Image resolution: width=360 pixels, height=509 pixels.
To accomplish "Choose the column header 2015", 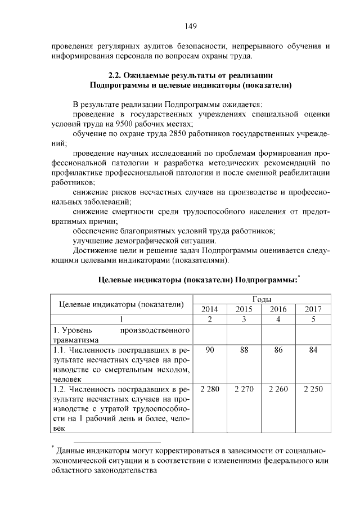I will [x=244, y=309].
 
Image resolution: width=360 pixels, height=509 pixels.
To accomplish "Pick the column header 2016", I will [x=278, y=309].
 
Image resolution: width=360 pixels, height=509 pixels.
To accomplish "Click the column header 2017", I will [x=313, y=309].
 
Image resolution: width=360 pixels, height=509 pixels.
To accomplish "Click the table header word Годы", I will [x=261, y=299].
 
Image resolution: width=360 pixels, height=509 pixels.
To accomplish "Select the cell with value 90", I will [x=210, y=350].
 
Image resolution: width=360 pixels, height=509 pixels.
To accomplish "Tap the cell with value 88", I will [x=244, y=350].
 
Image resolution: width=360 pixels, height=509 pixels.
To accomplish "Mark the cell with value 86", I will [x=278, y=350].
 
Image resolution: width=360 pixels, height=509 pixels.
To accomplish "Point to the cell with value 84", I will [x=313, y=350].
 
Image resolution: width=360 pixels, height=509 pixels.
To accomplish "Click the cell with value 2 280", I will [x=210, y=389].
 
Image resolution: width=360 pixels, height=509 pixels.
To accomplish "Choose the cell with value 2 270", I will [x=244, y=389].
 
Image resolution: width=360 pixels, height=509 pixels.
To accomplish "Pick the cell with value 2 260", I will [x=278, y=389].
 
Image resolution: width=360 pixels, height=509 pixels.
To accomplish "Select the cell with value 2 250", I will [x=313, y=389].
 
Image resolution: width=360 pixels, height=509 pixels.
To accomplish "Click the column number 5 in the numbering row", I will [x=313, y=319].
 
